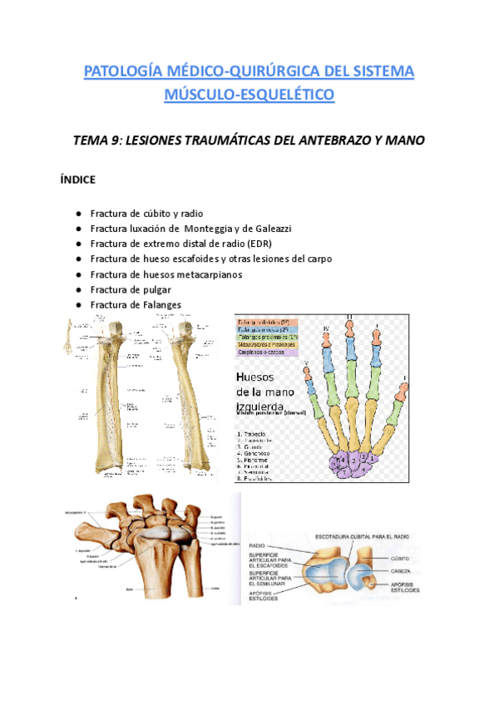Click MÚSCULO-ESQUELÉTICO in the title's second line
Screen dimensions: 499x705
[249, 95]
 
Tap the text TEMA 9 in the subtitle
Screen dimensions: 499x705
[126, 141]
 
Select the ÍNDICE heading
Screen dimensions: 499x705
[77, 179]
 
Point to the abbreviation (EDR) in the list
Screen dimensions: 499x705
[282, 244]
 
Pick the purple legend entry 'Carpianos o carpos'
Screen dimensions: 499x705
[273, 352]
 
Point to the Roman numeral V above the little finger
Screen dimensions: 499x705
[308, 362]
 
